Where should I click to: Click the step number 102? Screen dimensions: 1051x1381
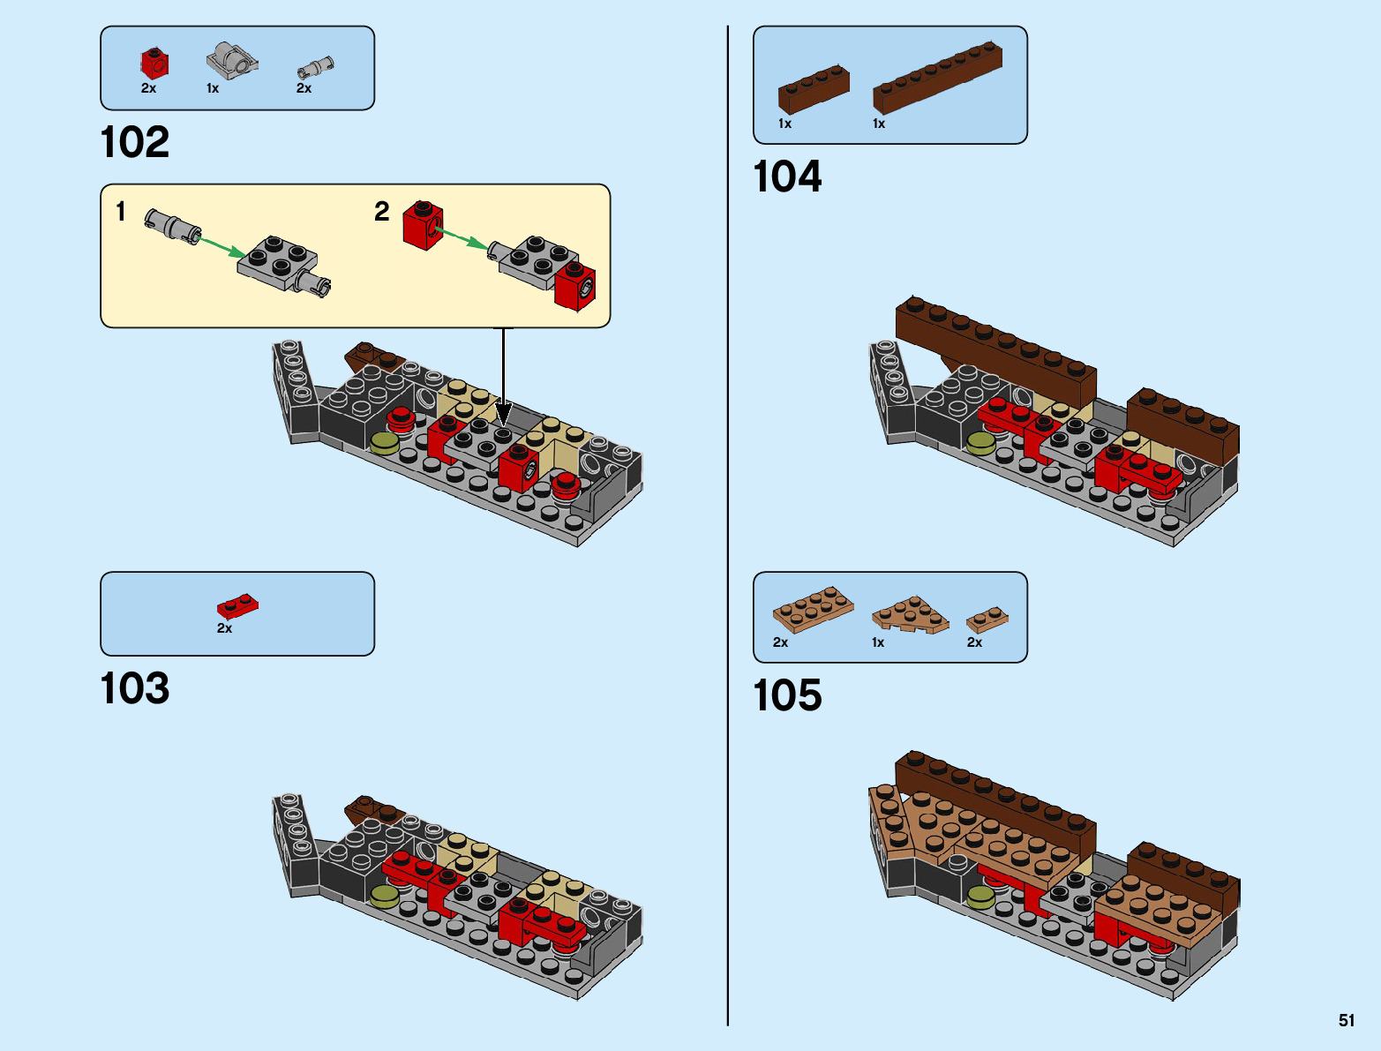134,143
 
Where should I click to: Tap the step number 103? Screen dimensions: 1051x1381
134,689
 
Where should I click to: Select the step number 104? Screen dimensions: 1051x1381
786,177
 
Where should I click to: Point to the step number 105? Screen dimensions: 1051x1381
786,696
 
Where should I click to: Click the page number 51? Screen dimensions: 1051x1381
1346,1020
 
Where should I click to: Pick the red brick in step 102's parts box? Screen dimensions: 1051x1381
154,63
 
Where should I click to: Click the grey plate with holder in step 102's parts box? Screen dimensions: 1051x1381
232,60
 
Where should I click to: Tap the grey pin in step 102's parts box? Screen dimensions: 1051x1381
315,67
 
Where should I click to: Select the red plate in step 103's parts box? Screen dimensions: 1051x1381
237,606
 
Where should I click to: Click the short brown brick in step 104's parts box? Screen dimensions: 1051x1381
814,90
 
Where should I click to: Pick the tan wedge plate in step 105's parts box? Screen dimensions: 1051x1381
910,614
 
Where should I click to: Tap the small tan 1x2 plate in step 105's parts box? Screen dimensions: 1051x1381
987,619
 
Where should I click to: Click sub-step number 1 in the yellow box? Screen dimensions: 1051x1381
121,212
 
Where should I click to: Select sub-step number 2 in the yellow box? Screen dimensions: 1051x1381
381,212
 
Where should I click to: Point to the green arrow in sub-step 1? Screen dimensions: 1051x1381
221,245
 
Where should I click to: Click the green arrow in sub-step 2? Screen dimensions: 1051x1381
461,238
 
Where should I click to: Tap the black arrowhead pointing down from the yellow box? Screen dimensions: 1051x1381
503,414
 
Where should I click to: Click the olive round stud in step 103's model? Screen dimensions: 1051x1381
385,897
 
